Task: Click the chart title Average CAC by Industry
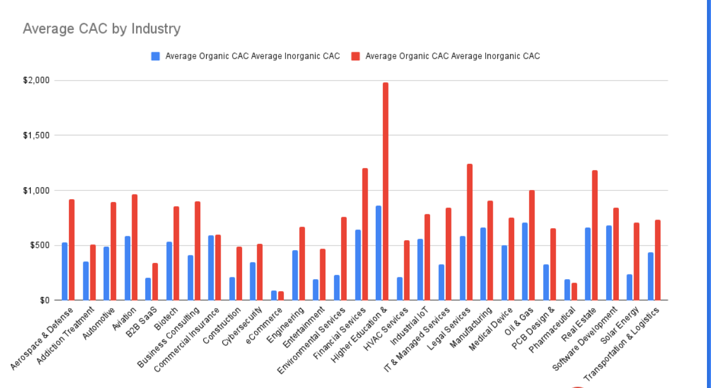tap(101, 28)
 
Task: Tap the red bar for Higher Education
tap(386, 191)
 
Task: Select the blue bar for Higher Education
tap(379, 253)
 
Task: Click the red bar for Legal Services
tap(470, 232)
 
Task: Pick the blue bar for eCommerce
tap(274, 295)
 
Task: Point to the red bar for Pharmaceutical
tap(574, 291)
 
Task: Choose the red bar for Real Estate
tap(595, 235)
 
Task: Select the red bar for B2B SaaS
tap(155, 281)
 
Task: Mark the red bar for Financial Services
tap(365, 234)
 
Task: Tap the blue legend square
tap(155, 56)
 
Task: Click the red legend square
tap(355, 56)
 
